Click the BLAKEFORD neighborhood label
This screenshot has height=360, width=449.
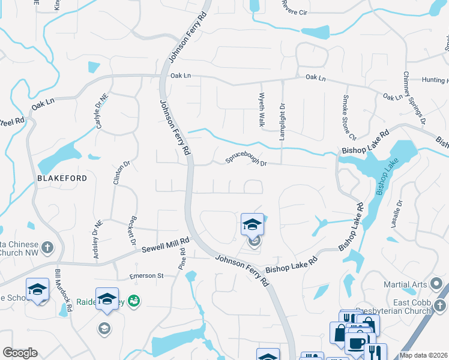click(x=62, y=178)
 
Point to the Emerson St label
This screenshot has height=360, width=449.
click(x=146, y=276)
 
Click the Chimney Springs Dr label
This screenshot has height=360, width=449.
click(x=414, y=98)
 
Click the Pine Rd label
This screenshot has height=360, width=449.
click(x=181, y=259)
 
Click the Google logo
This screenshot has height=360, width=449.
click(x=20, y=353)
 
